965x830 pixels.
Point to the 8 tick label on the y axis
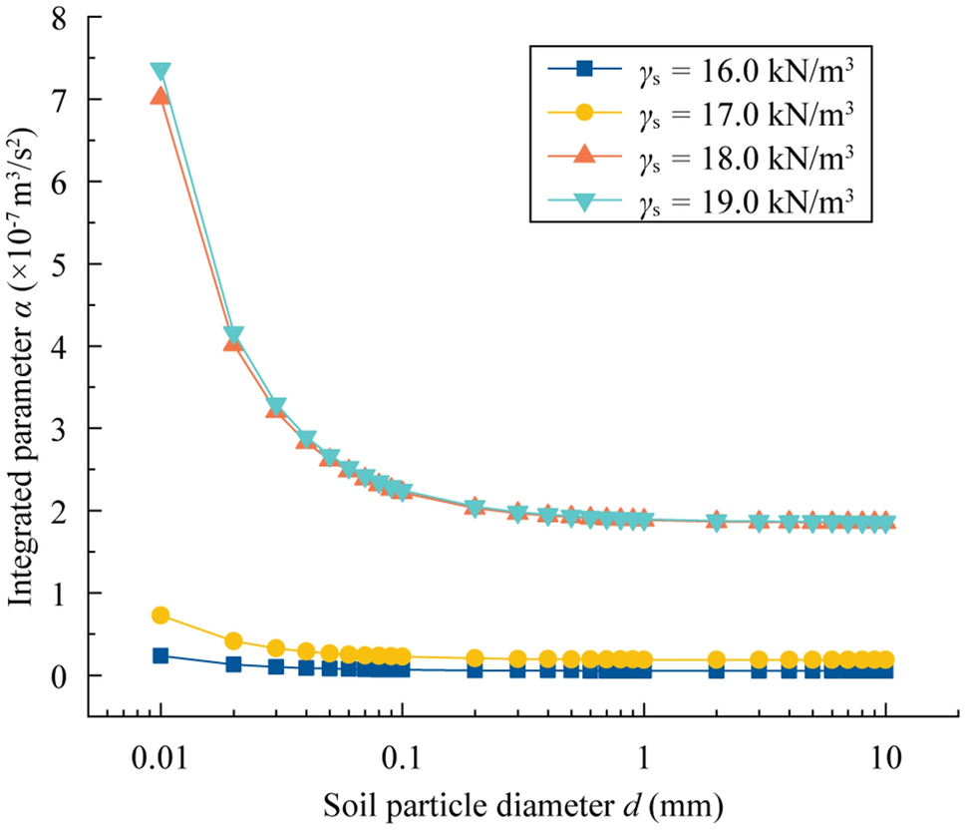pos(67,18)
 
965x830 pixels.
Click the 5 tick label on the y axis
pos(67,264)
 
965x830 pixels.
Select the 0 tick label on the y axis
pos(67,675)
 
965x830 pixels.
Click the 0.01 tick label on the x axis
pos(161,756)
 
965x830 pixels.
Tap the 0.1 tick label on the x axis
pos(402,756)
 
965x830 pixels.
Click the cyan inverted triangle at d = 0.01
pos(161,72)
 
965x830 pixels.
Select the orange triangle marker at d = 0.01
pos(161,96)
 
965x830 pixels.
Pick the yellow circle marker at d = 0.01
pos(161,616)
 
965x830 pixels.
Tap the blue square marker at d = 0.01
pos(161,655)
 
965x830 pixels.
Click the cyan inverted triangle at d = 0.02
pos(233,335)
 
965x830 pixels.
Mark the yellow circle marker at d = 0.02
pos(233,640)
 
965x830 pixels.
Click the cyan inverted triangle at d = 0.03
pos(276,406)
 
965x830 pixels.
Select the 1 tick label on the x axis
pos(644,756)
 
